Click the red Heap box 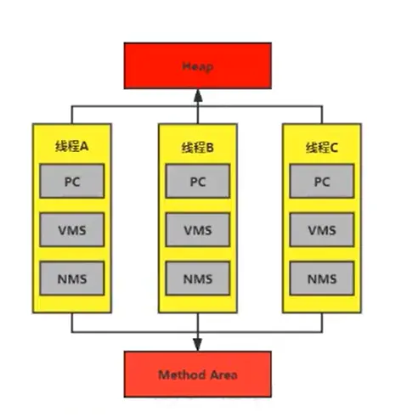[198, 65]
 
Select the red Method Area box [198, 375]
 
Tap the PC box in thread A [72, 181]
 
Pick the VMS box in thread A [72, 229]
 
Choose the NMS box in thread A [72, 279]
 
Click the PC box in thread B [198, 181]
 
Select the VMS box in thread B [198, 229]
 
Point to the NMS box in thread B [198, 279]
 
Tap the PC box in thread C [322, 181]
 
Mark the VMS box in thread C [322, 229]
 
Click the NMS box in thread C [322, 279]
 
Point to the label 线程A [72, 147]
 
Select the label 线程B [198, 148]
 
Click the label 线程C [322, 148]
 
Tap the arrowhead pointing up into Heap [198, 95]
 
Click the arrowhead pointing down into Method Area [198, 345]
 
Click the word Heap [198, 66]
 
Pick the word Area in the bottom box [223, 375]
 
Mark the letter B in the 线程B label [210, 148]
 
